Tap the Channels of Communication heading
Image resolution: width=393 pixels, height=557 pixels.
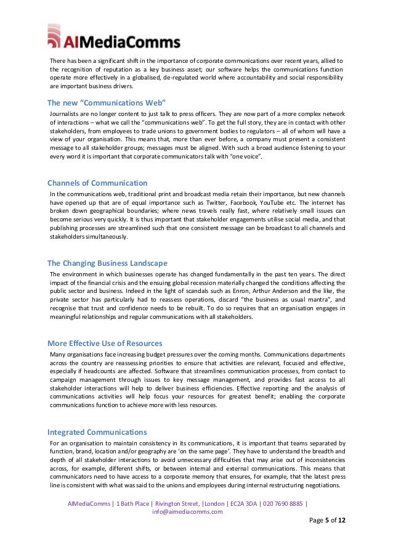point(97,183)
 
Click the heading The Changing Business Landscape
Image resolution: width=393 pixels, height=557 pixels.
point(107,263)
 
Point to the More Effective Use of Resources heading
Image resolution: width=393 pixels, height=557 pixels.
point(105,343)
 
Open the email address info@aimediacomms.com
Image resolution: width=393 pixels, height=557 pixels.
point(187,512)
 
